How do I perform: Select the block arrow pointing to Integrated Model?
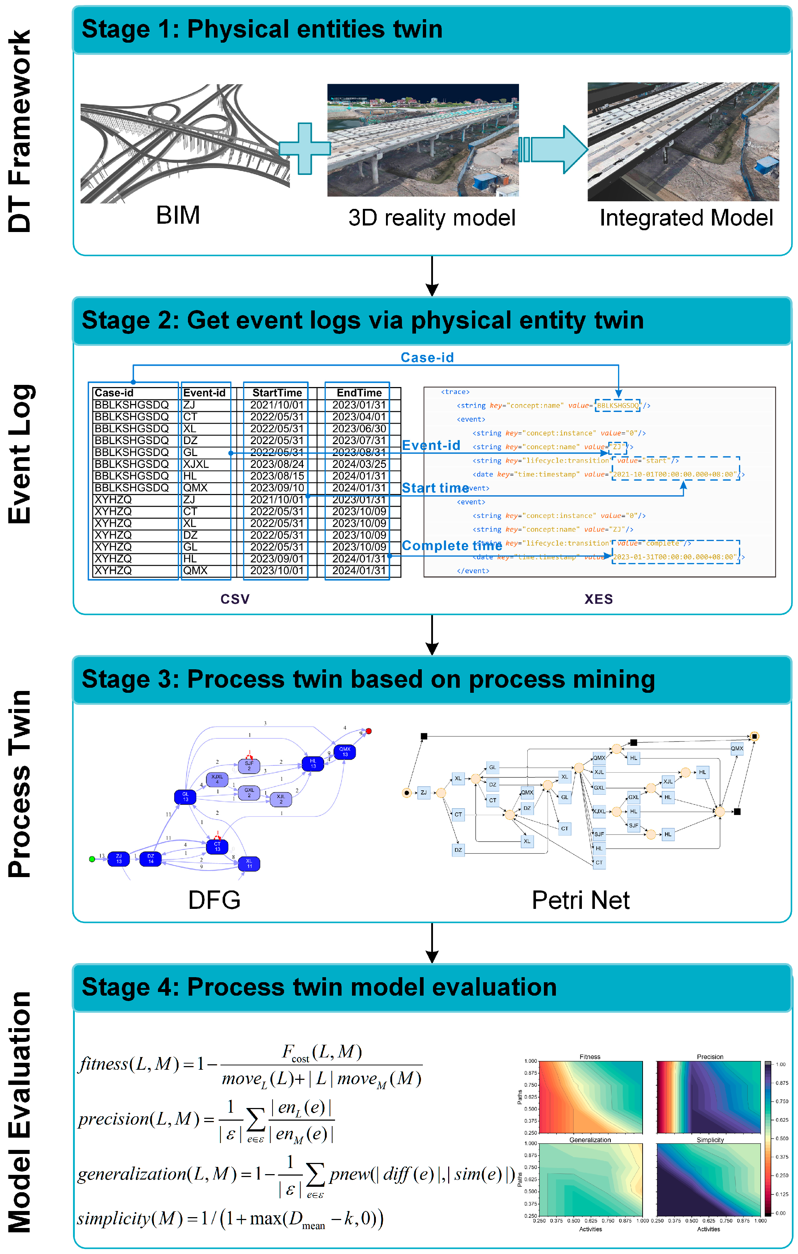click(x=555, y=150)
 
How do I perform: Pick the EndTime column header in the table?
click(x=359, y=393)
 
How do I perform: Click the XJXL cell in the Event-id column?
click(x=196, y=464)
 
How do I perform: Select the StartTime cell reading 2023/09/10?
click(x=276, y=488)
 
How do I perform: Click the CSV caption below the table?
click(x=235, y=599)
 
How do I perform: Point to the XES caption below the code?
click(x=598, y=599)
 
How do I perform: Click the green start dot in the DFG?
click(x=92, y=859)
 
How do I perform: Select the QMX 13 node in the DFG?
click(x=345, y=751)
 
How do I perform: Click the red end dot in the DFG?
click(x=369, y=731)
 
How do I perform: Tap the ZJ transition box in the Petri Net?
click(x=424, y=793)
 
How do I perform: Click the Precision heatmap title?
click(x=709, y=1057)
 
